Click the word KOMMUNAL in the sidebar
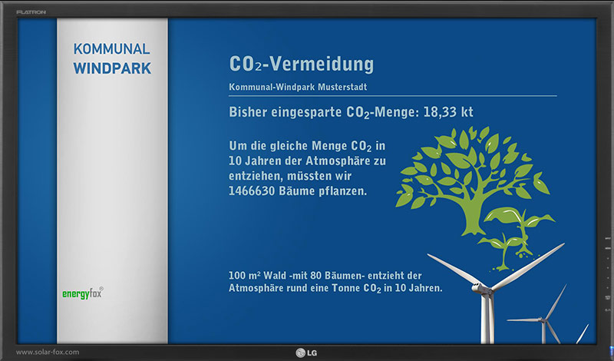click(x=111, y=49)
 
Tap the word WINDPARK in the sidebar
click(x=112, y=68)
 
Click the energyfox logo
click(x=83, y=293)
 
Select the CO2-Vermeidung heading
click(x=301, y=64)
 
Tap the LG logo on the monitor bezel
click(x=306, y=353)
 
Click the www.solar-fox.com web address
click(x=48, y=352)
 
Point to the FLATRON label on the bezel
click(x=31, y=12)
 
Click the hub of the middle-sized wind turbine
click(x=543, y=320)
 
